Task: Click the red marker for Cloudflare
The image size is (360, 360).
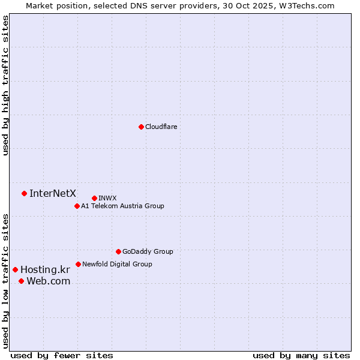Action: tap(141, 127)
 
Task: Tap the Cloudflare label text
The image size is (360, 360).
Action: tap(161, 127)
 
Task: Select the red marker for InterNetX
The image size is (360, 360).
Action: tap(24, 193)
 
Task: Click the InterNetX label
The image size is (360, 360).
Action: tap(53, 193)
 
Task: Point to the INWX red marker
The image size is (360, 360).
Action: tap(94, 198)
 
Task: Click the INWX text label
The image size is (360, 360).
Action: tap(107, 198)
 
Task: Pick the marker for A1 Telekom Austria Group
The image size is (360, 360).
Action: tap(77, 206)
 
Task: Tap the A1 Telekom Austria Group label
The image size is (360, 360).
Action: tap(122, 206)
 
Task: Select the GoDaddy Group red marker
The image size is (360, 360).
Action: tap(118, 251)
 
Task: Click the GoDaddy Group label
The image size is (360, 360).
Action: tap(148, 251)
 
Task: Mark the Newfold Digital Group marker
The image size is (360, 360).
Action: tap(78, 264)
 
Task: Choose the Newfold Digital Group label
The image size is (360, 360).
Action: tap(117, 264)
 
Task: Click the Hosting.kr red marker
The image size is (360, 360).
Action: tap(15, 269)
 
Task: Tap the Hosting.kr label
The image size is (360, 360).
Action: tap(45, 270)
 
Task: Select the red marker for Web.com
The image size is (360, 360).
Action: tap(21, 281)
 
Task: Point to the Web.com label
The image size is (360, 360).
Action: tap(48, 281)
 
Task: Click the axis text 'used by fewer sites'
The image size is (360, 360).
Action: tap(62, 355)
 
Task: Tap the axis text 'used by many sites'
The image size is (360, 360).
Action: tap(301, 355)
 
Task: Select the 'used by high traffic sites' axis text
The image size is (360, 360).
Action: tap(6, 85)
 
